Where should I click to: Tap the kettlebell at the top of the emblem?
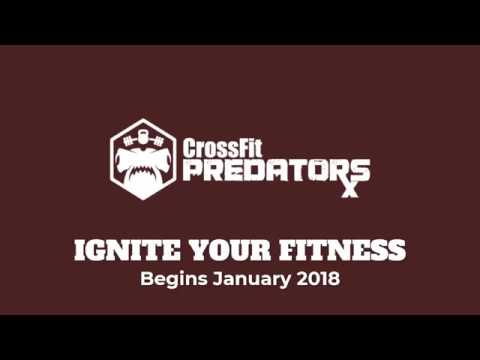143,135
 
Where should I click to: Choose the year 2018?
319,279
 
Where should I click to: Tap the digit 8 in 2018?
335,279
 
